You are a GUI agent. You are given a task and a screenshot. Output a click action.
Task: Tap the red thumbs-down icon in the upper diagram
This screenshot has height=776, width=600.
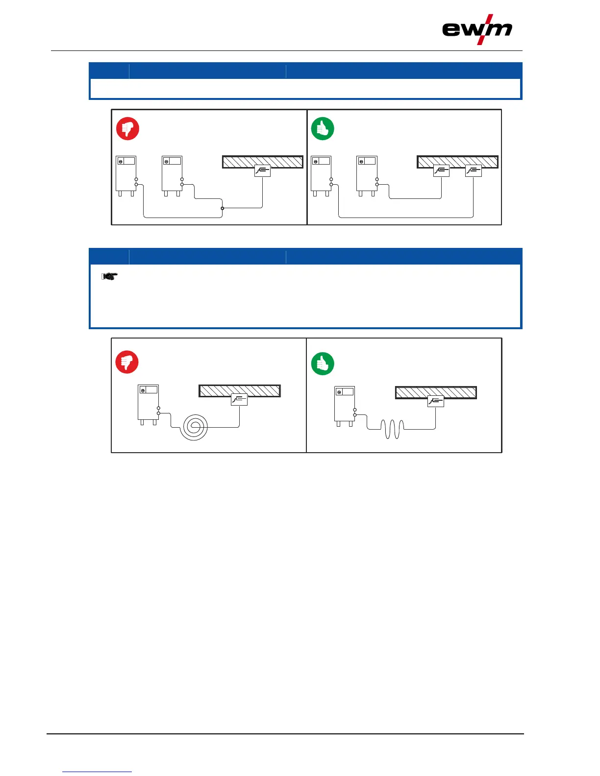[127, 128]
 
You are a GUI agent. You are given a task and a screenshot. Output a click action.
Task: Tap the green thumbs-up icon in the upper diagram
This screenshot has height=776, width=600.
[323, 129]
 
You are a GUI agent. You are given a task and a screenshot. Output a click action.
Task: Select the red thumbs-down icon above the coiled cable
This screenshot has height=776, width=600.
[127, 362]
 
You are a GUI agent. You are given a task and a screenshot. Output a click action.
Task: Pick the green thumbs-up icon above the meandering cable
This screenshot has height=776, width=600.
[323, 364]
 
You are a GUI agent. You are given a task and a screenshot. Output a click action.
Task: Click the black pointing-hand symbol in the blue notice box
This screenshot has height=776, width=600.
[108, 277]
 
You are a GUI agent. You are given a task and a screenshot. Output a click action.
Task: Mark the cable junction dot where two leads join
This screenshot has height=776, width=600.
[223, 208]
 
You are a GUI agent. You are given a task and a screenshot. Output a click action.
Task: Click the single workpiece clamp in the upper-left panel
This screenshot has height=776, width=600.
[262, 170]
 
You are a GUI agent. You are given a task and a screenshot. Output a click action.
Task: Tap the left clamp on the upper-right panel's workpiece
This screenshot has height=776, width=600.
[441, 170]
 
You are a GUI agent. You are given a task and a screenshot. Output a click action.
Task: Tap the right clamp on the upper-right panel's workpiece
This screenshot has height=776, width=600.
[473, 170]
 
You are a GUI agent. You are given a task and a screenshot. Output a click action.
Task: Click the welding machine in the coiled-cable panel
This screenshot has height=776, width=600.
[148, 405]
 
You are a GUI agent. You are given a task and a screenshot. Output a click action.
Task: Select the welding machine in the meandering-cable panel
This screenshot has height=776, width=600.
[345, 406]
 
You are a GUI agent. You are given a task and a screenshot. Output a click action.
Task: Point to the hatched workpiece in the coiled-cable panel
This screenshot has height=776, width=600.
[239, 390]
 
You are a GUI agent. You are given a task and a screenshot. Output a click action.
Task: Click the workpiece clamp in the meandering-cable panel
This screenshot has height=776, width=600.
[435, 401]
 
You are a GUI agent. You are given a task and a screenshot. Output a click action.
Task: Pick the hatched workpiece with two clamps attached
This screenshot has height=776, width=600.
[457, 161]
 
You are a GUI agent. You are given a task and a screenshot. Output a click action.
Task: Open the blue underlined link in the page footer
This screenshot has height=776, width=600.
[97, 772]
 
